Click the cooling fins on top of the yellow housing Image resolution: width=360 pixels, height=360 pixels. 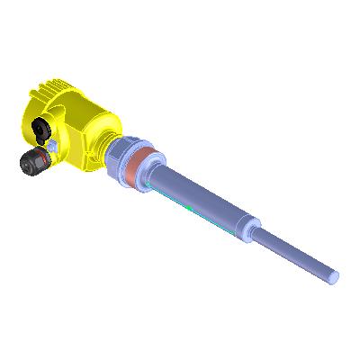tap(54, 90)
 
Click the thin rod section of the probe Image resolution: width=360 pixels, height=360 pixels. tap(297, 251)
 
